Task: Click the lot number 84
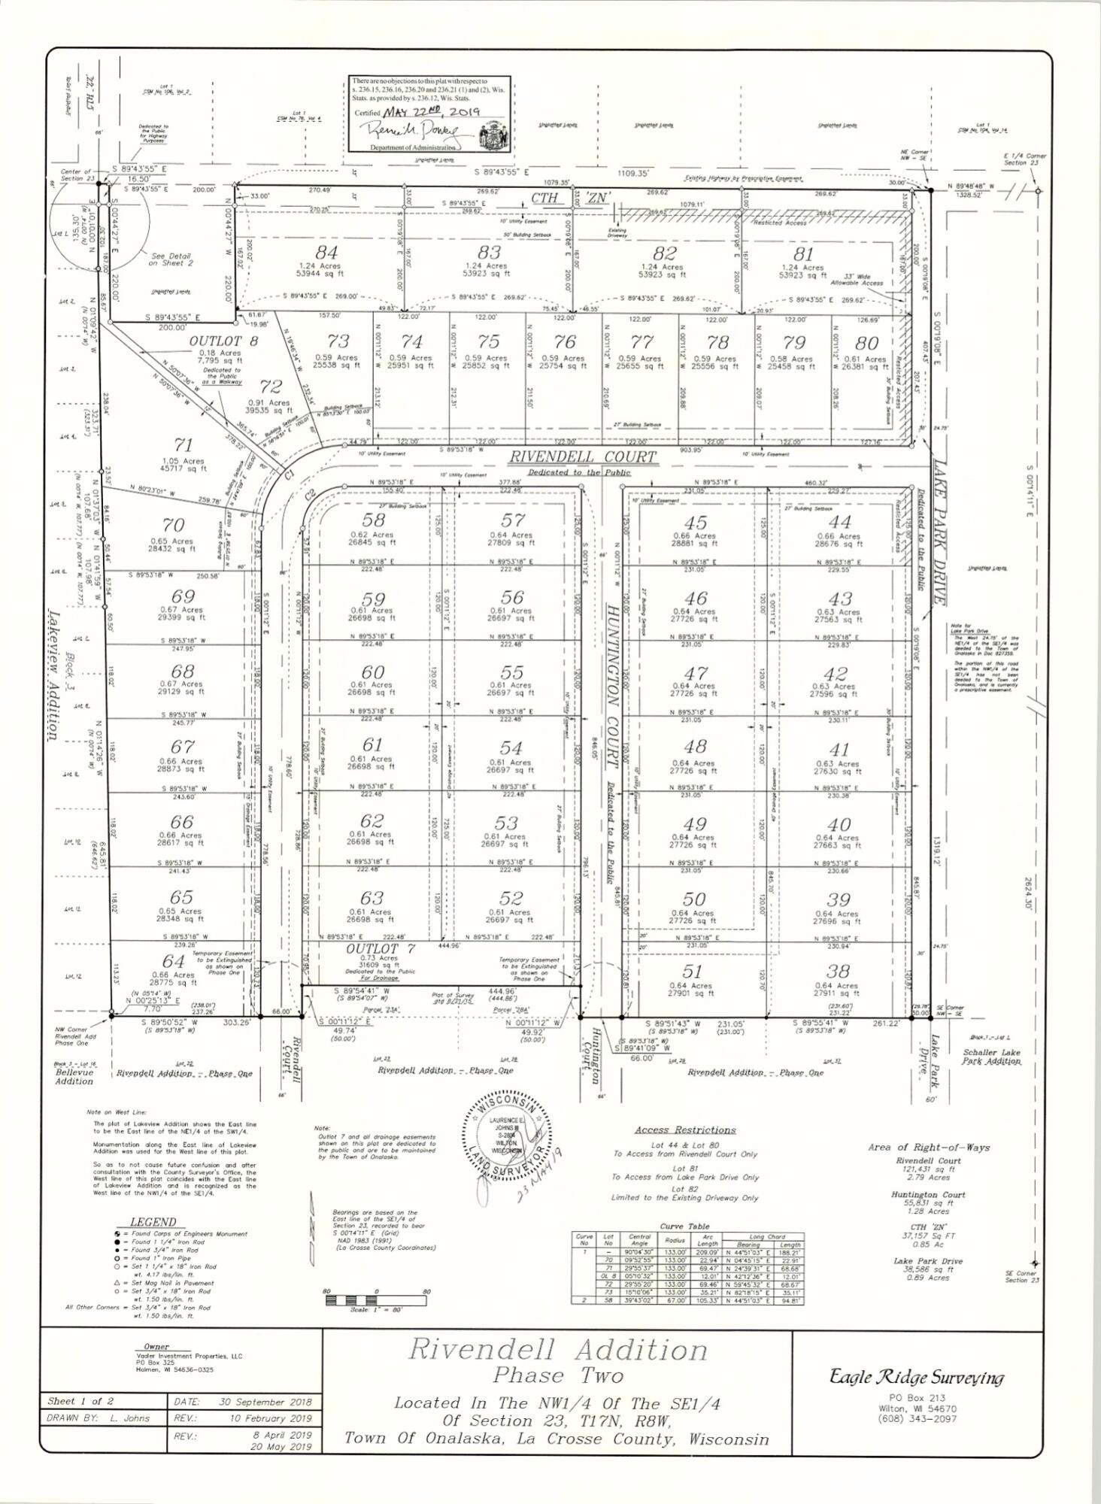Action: (326, 253)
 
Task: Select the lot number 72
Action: (271, 387)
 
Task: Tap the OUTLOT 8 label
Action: (213, 341)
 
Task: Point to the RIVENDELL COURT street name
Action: (583, 457)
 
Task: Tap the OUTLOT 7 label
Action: (381, 948)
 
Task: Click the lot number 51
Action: (691, 972)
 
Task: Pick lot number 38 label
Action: (838, 971)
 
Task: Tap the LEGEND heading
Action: (153, 1222)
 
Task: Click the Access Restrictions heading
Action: (684, 1130)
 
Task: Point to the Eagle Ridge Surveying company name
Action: (916, 1377)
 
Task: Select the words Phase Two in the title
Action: (558, 1376)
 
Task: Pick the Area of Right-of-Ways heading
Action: (928, 1148)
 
